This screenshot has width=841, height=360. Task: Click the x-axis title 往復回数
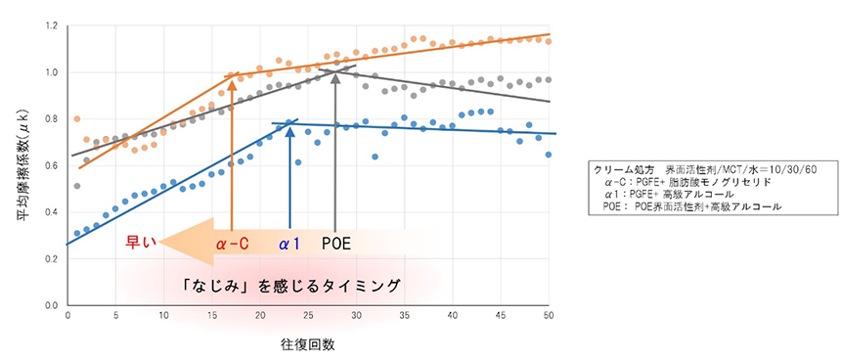306,344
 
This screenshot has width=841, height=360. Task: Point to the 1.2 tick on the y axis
51,25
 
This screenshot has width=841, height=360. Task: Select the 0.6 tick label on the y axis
51,165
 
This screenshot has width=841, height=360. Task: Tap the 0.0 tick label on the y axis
51,305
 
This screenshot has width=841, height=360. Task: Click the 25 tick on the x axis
308,316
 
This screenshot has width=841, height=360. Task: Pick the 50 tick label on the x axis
549,316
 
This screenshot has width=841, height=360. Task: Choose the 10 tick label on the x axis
163,316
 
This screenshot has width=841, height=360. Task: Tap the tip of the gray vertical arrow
335,68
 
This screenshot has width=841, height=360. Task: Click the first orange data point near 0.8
77,119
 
